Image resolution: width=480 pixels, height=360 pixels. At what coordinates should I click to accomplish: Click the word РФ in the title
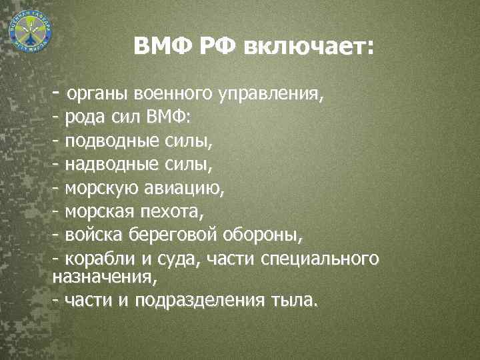[216, 47]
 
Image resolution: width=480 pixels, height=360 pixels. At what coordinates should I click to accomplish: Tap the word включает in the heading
[308, 47]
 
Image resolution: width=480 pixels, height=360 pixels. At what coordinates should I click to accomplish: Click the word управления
[271, 94]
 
